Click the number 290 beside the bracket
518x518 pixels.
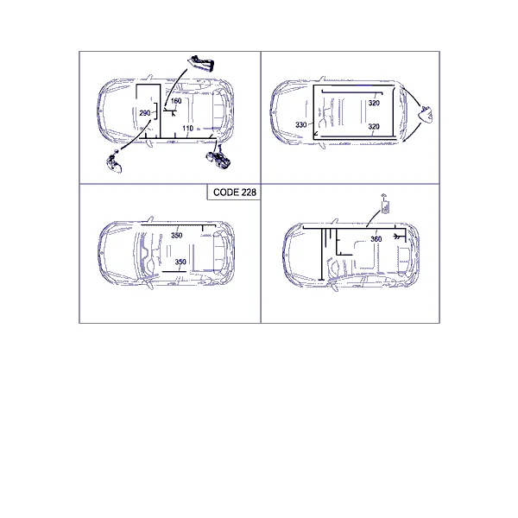(x=145, y=113)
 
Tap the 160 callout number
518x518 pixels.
(x=176, y=101)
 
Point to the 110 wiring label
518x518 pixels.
(x=187, y=128)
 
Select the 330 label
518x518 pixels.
(x=301, y=125)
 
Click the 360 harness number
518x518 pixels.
(x=376, y=239)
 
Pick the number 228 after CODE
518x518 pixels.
(x=249, y=193)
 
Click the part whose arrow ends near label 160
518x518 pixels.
(x=201, y=63)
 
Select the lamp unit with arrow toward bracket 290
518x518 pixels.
(x=114, y=162)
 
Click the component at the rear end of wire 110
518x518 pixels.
(x=218, y=158)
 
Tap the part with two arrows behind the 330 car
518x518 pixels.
(x=426, y=114)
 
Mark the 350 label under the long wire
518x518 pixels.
(x=177, y=235)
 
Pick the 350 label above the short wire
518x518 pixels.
(x=180, y=262)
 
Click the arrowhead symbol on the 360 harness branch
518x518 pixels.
(x=398, y=237)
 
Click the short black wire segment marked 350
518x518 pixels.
(x=174, y=272)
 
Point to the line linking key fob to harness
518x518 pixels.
(x=373, y=218)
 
